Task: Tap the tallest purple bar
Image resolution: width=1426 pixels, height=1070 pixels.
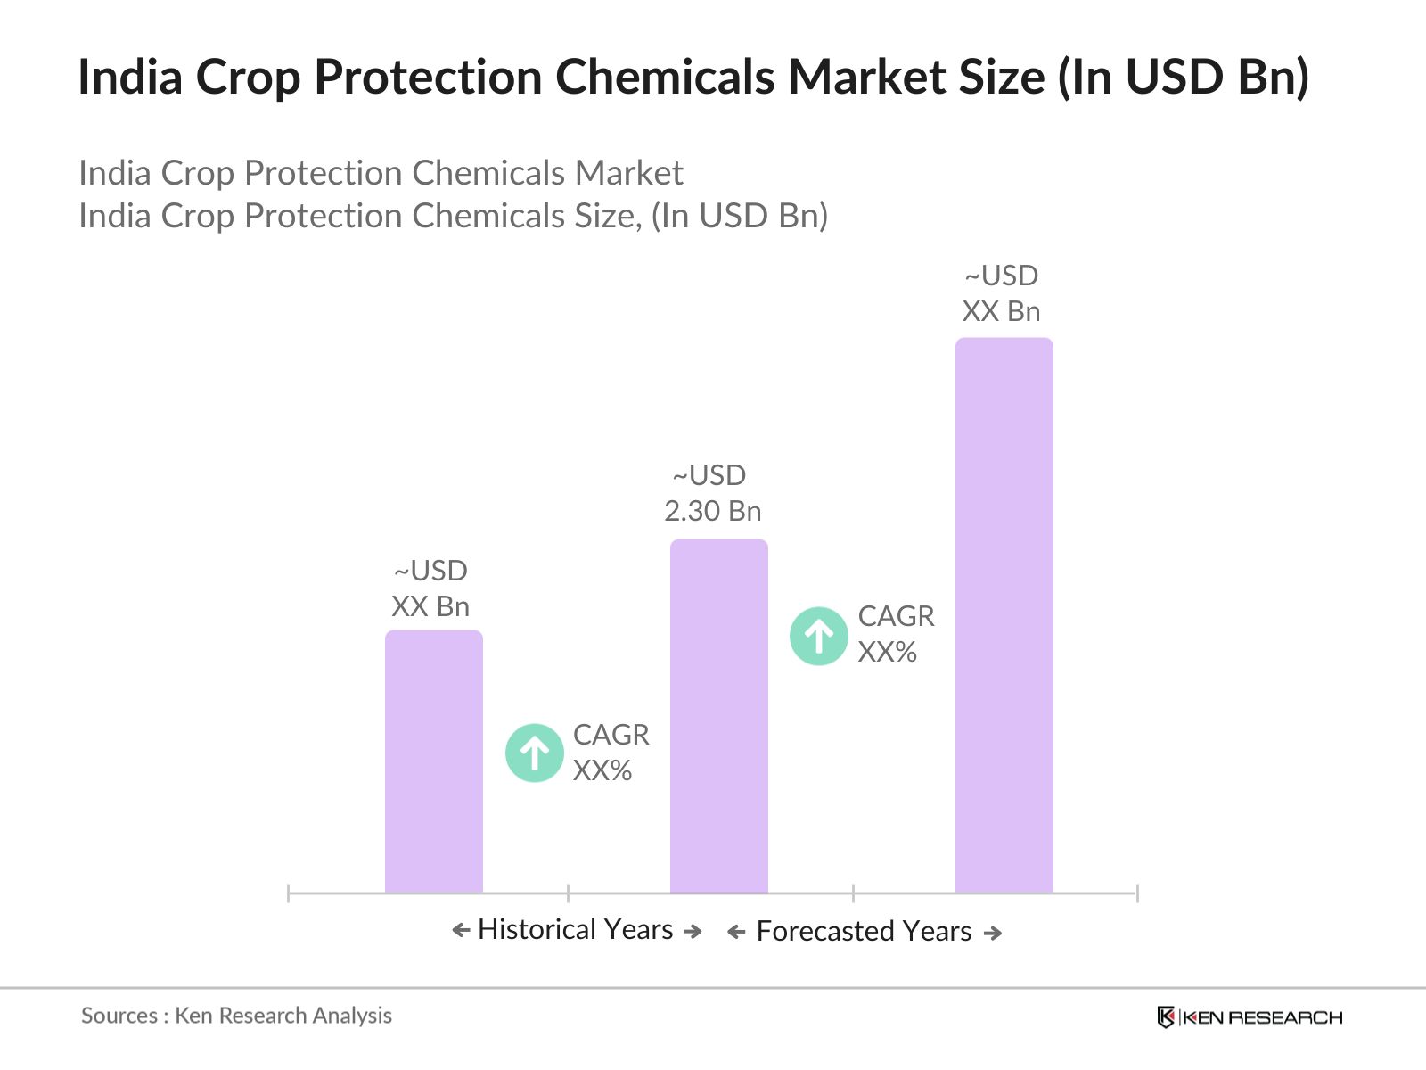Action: pos(1004,614)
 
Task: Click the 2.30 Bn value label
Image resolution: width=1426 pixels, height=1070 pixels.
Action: pos(713,511)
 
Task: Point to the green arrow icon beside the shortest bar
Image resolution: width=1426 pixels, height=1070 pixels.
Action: pos(535,753)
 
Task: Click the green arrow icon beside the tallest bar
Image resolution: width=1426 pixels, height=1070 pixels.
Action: pos(819,636)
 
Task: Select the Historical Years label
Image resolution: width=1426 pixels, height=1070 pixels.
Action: pos(576,929)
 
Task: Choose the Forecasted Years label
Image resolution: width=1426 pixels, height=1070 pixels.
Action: pos(864,931)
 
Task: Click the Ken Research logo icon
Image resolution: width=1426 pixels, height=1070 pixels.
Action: pos(1166,1017)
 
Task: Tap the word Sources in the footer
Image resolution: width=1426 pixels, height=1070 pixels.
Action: pos(119,1016)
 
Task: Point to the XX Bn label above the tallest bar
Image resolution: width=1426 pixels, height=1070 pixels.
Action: pos(1001,311)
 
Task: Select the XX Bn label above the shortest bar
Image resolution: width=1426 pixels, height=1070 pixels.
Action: pos(430,606)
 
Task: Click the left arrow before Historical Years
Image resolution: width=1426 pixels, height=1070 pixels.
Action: pos(461,931)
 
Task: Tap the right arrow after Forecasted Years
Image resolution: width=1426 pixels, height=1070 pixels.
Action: pos(993,933)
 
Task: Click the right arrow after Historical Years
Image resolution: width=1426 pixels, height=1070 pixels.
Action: pos(693,931)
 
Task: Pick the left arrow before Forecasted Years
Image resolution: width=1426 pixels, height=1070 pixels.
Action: pos(736,933)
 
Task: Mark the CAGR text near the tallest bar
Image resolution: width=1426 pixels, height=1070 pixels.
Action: pos(896,616)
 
